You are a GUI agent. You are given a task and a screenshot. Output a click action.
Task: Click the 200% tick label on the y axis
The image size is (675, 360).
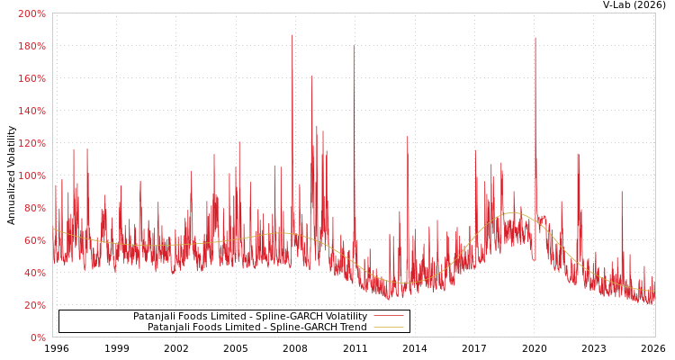click(x=31, y=13)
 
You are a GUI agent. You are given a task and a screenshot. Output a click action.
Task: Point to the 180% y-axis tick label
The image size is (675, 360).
click(x=31, y=46)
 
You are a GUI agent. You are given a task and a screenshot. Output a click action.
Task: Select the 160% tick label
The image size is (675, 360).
click(x=31, y=78)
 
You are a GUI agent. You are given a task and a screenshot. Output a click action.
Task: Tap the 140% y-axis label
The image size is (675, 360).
click(x=31, y=111)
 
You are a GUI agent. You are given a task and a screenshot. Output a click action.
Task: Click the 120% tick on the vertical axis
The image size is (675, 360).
click(x=31, y=143)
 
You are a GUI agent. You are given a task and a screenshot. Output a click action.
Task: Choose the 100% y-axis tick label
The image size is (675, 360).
click(x=31, y=175)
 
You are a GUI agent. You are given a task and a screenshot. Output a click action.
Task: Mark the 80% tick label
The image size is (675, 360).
click(x=34, y=208)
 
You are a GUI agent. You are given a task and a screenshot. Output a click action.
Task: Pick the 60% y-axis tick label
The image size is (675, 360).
click(x=34, y=240)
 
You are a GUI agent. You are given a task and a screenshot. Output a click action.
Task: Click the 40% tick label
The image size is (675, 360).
click(x=34, y=273)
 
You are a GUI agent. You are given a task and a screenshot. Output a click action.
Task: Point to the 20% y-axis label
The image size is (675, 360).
click(x=34, y=305)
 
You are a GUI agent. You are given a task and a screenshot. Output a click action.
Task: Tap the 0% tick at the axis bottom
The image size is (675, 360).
click(x=37, y=337)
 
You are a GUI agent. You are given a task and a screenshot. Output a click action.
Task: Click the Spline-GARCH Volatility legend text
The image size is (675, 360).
click(x=250, y=316)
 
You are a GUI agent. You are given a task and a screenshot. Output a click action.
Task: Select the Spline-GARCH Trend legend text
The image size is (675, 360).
click(x=257, y=327)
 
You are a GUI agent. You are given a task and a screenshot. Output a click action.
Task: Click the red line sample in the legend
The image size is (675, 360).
click(x=388, y=316)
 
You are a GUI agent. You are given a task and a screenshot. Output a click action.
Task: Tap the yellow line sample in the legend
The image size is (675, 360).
click(x=388, y=327)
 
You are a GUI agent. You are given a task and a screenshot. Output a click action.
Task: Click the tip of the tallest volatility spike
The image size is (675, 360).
click(x=292, y=35)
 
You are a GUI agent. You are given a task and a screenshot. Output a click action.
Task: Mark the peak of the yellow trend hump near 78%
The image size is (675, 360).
click(x=512, y=212)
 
